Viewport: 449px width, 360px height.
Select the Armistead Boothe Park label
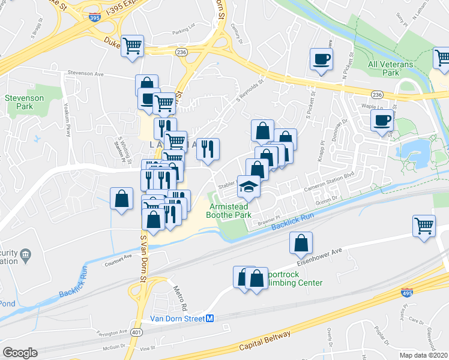tap(231, 209)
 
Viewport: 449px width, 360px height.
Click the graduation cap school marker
tap(248, 187)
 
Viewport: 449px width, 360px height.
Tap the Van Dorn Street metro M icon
tap(210, 319)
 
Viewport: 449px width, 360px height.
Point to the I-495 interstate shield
tap(406, 293)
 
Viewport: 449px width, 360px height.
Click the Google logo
tap(20, 353)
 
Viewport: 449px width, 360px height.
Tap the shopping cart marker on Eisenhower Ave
tap(424, 226)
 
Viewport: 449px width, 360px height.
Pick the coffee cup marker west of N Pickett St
tap(321, 60)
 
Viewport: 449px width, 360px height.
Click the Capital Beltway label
tap(264, 341)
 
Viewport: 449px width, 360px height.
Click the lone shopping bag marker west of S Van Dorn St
tap(121, 199)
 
